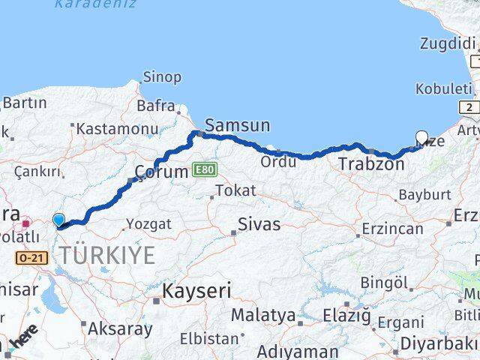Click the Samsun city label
236,126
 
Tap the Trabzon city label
370,163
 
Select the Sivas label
259,223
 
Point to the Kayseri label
197,291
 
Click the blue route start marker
59,220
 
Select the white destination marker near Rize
421,138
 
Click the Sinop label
161,77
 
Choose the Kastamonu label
117,128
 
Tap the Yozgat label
148,223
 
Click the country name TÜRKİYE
108,256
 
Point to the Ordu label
277,161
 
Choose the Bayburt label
424,194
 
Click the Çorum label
160,172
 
